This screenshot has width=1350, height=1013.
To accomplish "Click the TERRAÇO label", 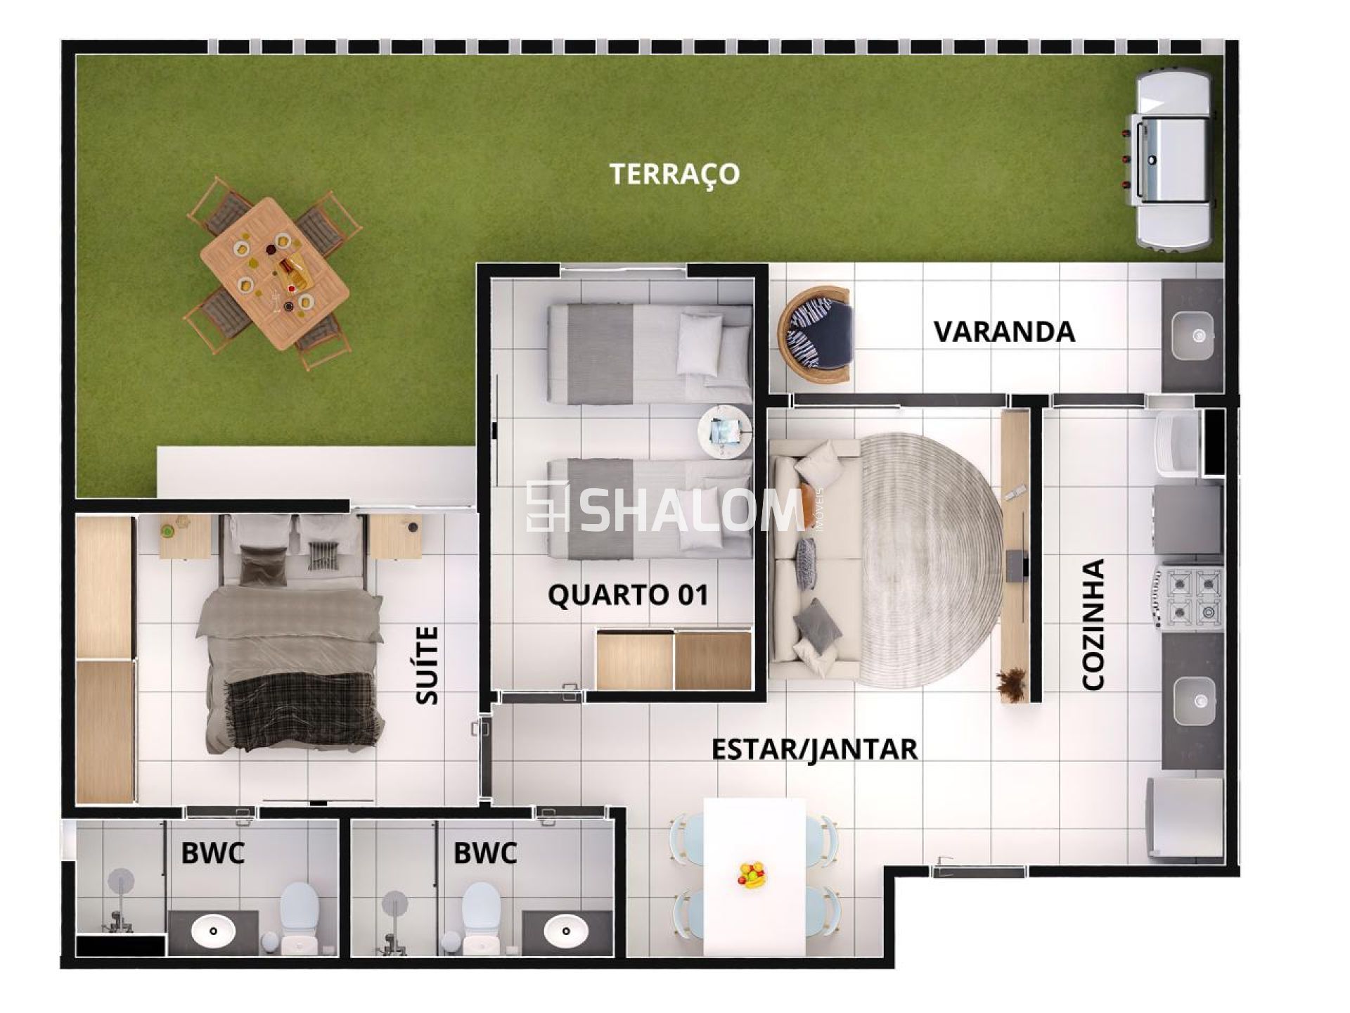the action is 674,173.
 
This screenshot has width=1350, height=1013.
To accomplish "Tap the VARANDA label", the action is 1004,331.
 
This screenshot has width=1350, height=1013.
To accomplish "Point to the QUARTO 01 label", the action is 628,595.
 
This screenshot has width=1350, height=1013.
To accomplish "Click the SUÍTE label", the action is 427,665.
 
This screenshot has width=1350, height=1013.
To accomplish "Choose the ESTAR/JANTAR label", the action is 814,749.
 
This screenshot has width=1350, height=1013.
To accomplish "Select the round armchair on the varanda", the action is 816,334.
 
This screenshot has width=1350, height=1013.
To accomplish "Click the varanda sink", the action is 1192,335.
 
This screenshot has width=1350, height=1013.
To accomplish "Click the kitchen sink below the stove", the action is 1193,701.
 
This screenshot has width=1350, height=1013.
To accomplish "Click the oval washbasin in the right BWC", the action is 566,930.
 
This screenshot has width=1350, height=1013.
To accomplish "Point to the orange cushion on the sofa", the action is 809,495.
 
